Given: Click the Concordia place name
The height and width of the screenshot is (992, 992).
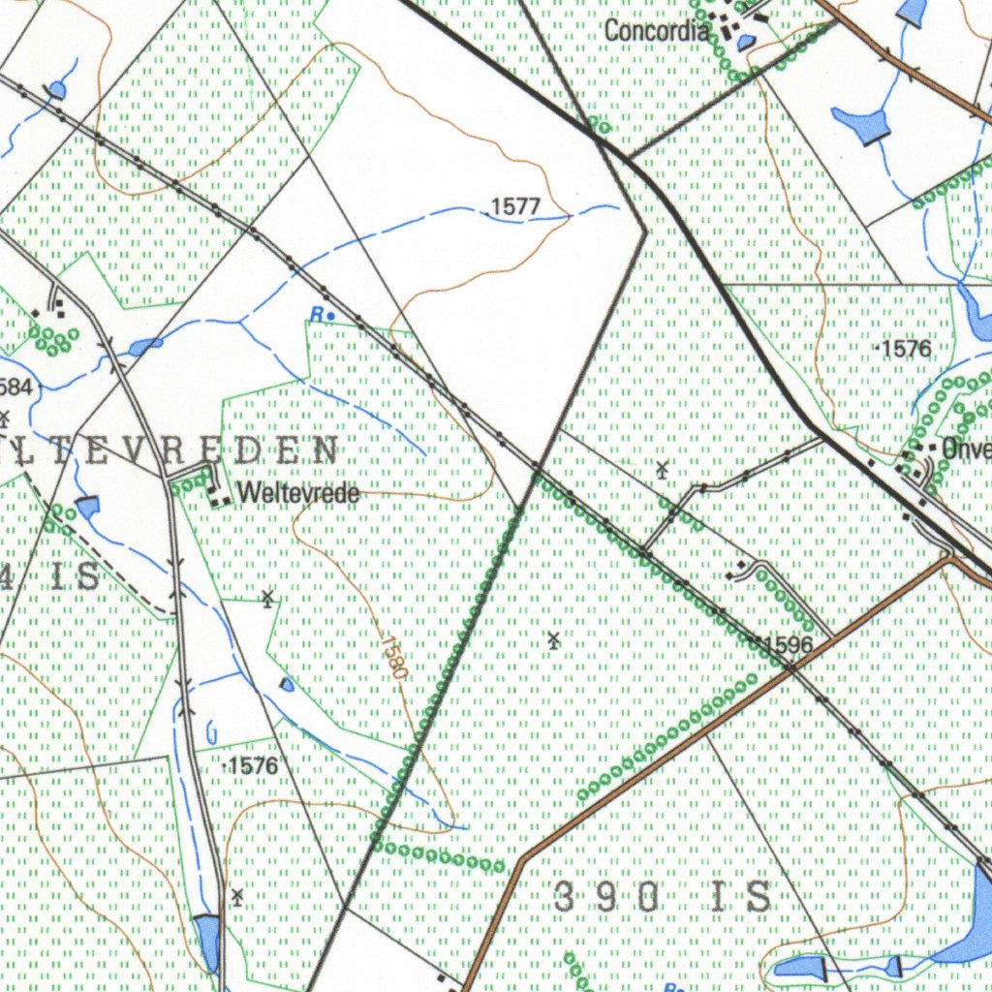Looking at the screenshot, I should tap(657, 30).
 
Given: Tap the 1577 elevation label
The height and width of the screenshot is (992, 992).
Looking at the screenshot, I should tap(515, 206).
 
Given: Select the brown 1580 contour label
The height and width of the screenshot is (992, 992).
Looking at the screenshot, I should tap(394, 656).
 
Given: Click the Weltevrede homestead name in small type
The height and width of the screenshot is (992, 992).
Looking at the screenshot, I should tap(298, 494).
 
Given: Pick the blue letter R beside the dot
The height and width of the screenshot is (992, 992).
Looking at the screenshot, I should tap(316, 313).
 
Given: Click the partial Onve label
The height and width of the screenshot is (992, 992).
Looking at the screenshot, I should tap(966, 449).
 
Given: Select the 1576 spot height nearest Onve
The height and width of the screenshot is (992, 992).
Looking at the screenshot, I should tap(906, 349).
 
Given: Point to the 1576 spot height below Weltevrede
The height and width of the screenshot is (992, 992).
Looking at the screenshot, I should tap(252, 766).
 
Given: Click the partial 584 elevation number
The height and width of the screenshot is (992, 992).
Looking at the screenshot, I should tap(16, 387).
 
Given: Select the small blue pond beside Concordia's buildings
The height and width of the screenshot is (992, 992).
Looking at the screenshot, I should tap(746, 42).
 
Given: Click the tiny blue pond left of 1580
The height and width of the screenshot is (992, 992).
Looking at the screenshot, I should tap(287, 685).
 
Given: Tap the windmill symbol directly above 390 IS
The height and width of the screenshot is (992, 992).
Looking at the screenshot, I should tap(553, 639).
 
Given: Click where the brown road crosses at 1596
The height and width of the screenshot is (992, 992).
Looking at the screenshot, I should tap(791, 666).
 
